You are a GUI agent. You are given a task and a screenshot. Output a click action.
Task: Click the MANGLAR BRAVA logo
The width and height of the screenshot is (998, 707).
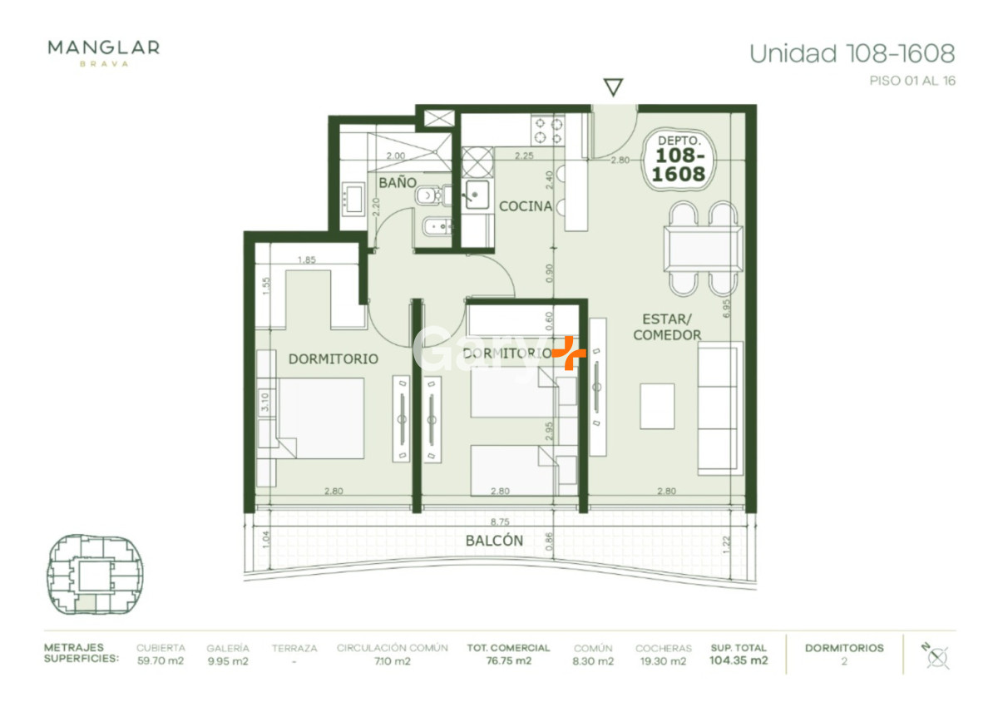click(x=103, y=52)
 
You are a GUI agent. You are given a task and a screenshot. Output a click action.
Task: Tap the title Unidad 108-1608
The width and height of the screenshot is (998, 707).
click(x=852, y=54)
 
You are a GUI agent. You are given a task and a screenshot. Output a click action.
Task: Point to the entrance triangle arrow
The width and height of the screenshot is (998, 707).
click(x=613, y=87)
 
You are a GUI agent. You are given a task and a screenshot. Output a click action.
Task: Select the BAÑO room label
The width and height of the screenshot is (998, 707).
click(x=397, y=181)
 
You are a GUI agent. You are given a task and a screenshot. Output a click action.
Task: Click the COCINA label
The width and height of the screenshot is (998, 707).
click(x=525, y=205)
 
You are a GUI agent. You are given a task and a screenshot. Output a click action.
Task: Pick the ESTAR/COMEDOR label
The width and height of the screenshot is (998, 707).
click(x=666, y=327)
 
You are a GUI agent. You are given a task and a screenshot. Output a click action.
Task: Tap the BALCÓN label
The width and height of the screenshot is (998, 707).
click(x=494, y=541)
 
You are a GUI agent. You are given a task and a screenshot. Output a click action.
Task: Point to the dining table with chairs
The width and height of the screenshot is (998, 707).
click(x=703, y=247)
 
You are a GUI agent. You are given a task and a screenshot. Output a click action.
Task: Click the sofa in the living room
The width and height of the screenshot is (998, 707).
click(x=719, y=408)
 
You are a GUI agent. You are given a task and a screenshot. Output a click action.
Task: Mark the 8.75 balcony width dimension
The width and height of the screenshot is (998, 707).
click(x=499, y=522)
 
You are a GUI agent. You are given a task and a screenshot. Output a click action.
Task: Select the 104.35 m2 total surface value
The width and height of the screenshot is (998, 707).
click(x=739, y=661)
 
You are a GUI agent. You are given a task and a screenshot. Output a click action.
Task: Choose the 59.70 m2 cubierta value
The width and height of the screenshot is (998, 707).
click(x=161, y=661)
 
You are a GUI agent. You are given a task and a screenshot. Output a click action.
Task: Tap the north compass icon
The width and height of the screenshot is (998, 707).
click(x=936, y=655)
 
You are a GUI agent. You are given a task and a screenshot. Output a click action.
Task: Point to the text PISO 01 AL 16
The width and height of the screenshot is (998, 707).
click(x=912, y=82)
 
